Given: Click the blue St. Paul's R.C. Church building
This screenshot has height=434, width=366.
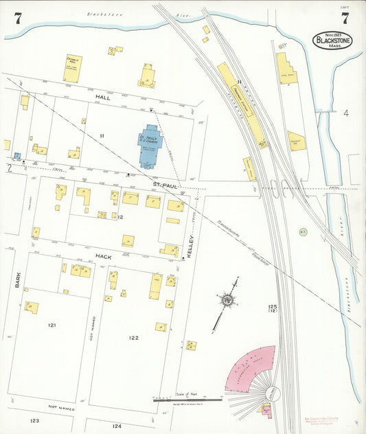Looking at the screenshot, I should pyautogui.click(x=150, y=146).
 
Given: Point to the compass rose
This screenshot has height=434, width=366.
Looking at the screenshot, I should pyautogui.click(x=226, y=299).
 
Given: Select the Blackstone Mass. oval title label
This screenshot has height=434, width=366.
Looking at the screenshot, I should pyautogui.click(x=332, y=41).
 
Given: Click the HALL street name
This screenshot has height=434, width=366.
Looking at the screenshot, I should pyautogui.click(x=103, y=98).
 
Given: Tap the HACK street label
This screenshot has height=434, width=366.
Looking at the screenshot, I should pyautogui.click(x=103, y=256).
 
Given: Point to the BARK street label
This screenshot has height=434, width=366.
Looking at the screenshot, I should pyautogui.click(x=19, y=279).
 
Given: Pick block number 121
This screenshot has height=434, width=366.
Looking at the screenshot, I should pyautogui.click(x=52, y=324).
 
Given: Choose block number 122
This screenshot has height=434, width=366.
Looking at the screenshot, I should pyautogui.click(x=133, y=337).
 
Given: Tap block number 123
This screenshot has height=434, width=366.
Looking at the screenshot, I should pyautogui.click(x=34, y=420).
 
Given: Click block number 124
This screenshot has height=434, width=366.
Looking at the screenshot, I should pyautogui.click(x=116, y=426).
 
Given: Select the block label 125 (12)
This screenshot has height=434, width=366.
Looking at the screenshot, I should pyautogui.click(x=273, y=309).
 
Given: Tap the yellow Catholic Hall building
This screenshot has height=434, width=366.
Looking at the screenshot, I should pyautogui.click(x=73, y=69).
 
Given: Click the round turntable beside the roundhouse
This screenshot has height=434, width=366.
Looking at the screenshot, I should pyautogui.click(x=273, y=393).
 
